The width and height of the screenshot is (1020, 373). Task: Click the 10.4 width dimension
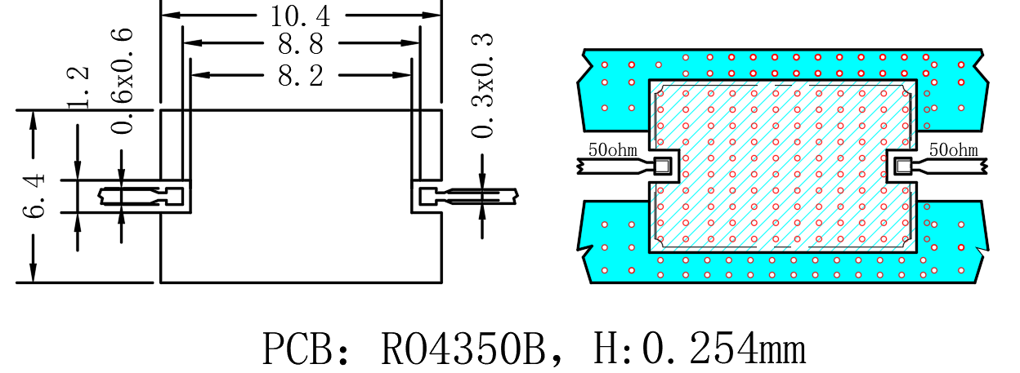(x=300, y=16)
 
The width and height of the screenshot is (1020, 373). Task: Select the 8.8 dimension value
(x=301, y=44)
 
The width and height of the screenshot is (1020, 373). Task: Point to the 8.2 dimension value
(x=301, y=76)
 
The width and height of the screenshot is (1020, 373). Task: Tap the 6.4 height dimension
(x=34, y=196)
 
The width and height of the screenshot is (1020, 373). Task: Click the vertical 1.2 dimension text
(x=78, y=87)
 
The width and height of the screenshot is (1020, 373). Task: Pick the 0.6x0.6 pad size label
(x=122, y=81)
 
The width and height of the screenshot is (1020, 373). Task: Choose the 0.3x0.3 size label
(x=482, y=85)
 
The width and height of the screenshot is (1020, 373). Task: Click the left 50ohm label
(x=612, y=149)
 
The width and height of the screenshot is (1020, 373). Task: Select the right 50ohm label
(x=954, y=149)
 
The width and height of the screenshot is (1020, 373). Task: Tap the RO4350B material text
(x=463, y=349)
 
